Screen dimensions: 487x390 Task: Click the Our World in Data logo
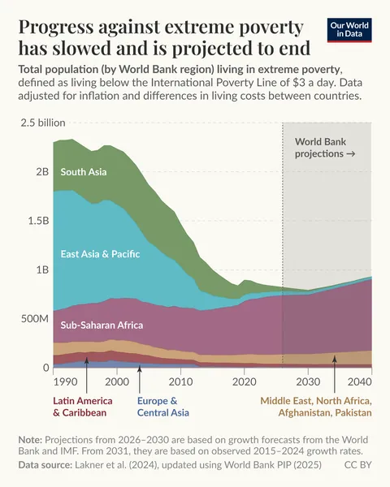point(349,30)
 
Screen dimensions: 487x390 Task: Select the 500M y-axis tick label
point(35,318)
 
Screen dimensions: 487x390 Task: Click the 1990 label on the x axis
point(65,381)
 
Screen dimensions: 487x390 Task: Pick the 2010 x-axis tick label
point(180,381)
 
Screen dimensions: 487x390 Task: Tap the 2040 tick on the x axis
point(359,381)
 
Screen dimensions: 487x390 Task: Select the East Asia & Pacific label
point(100,254)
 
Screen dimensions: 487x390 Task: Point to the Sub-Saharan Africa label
point(102,325)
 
